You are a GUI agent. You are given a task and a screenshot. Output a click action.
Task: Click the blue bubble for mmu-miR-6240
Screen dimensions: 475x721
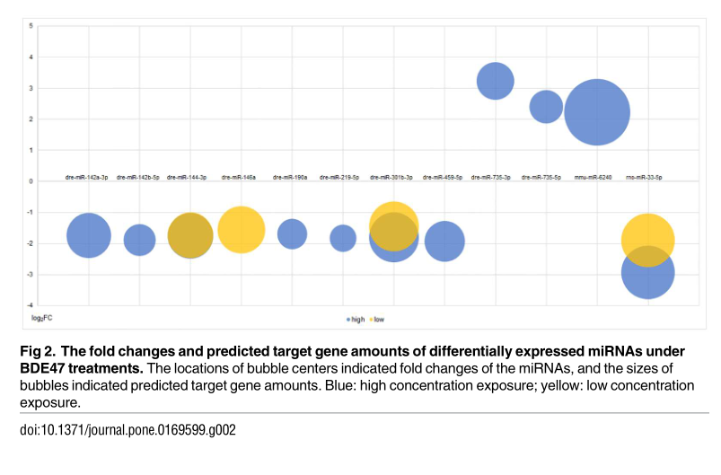pyautogui.click(x=597, y=112)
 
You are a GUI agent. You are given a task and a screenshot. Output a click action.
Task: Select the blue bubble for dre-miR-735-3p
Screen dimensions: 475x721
pyautogui.click(x=495, y=81)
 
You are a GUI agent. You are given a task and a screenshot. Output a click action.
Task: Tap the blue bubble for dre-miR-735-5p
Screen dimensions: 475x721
pyautogui.click(x=546, y=107)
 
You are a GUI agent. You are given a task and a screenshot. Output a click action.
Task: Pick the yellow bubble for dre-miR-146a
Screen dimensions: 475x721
pyautogui.click(x=241, y=229)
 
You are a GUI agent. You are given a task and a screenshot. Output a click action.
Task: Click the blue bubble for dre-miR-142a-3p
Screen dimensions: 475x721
pyautogui.click(x=88, y=236)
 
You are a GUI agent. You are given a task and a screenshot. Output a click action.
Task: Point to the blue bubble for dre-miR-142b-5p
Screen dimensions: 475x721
pyautogui.click(x=139, y=239)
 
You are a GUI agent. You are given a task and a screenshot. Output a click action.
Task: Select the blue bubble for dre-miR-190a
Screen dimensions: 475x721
pyautogui.click(x=292, y=234)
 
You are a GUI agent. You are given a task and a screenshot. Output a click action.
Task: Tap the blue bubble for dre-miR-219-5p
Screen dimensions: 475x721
pyautogui.click(x=343, y=238)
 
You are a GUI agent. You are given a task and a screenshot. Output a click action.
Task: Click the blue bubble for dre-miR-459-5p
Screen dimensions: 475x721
pyautogui.click(x=444, y=241)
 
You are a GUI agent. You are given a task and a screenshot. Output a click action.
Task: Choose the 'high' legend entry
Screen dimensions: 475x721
pyautogui.click(x=356, y=319)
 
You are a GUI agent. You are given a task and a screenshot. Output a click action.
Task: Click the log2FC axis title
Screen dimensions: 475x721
pyautogui.click(x=43, y=318)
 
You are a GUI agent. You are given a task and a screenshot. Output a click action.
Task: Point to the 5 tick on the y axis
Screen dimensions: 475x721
pyautogui.click(x=31, y=26)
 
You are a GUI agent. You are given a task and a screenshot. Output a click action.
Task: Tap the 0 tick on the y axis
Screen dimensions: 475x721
pyautogui.click(x=31, y=181)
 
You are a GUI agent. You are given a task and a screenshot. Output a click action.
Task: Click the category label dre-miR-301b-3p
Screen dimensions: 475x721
pyautogui.click(x=393, y=178)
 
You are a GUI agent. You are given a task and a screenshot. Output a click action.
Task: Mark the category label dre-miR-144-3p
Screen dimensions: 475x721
pyautogui.click(x=189, y=178)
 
